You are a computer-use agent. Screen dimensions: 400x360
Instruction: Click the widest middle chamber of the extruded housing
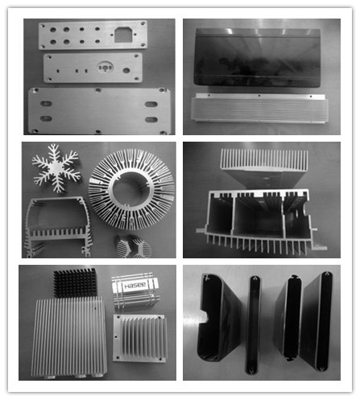[257, 217]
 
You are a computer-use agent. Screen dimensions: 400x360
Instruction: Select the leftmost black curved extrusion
[215, 325]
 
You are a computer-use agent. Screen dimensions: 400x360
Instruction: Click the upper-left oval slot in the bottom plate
[45, 103]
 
